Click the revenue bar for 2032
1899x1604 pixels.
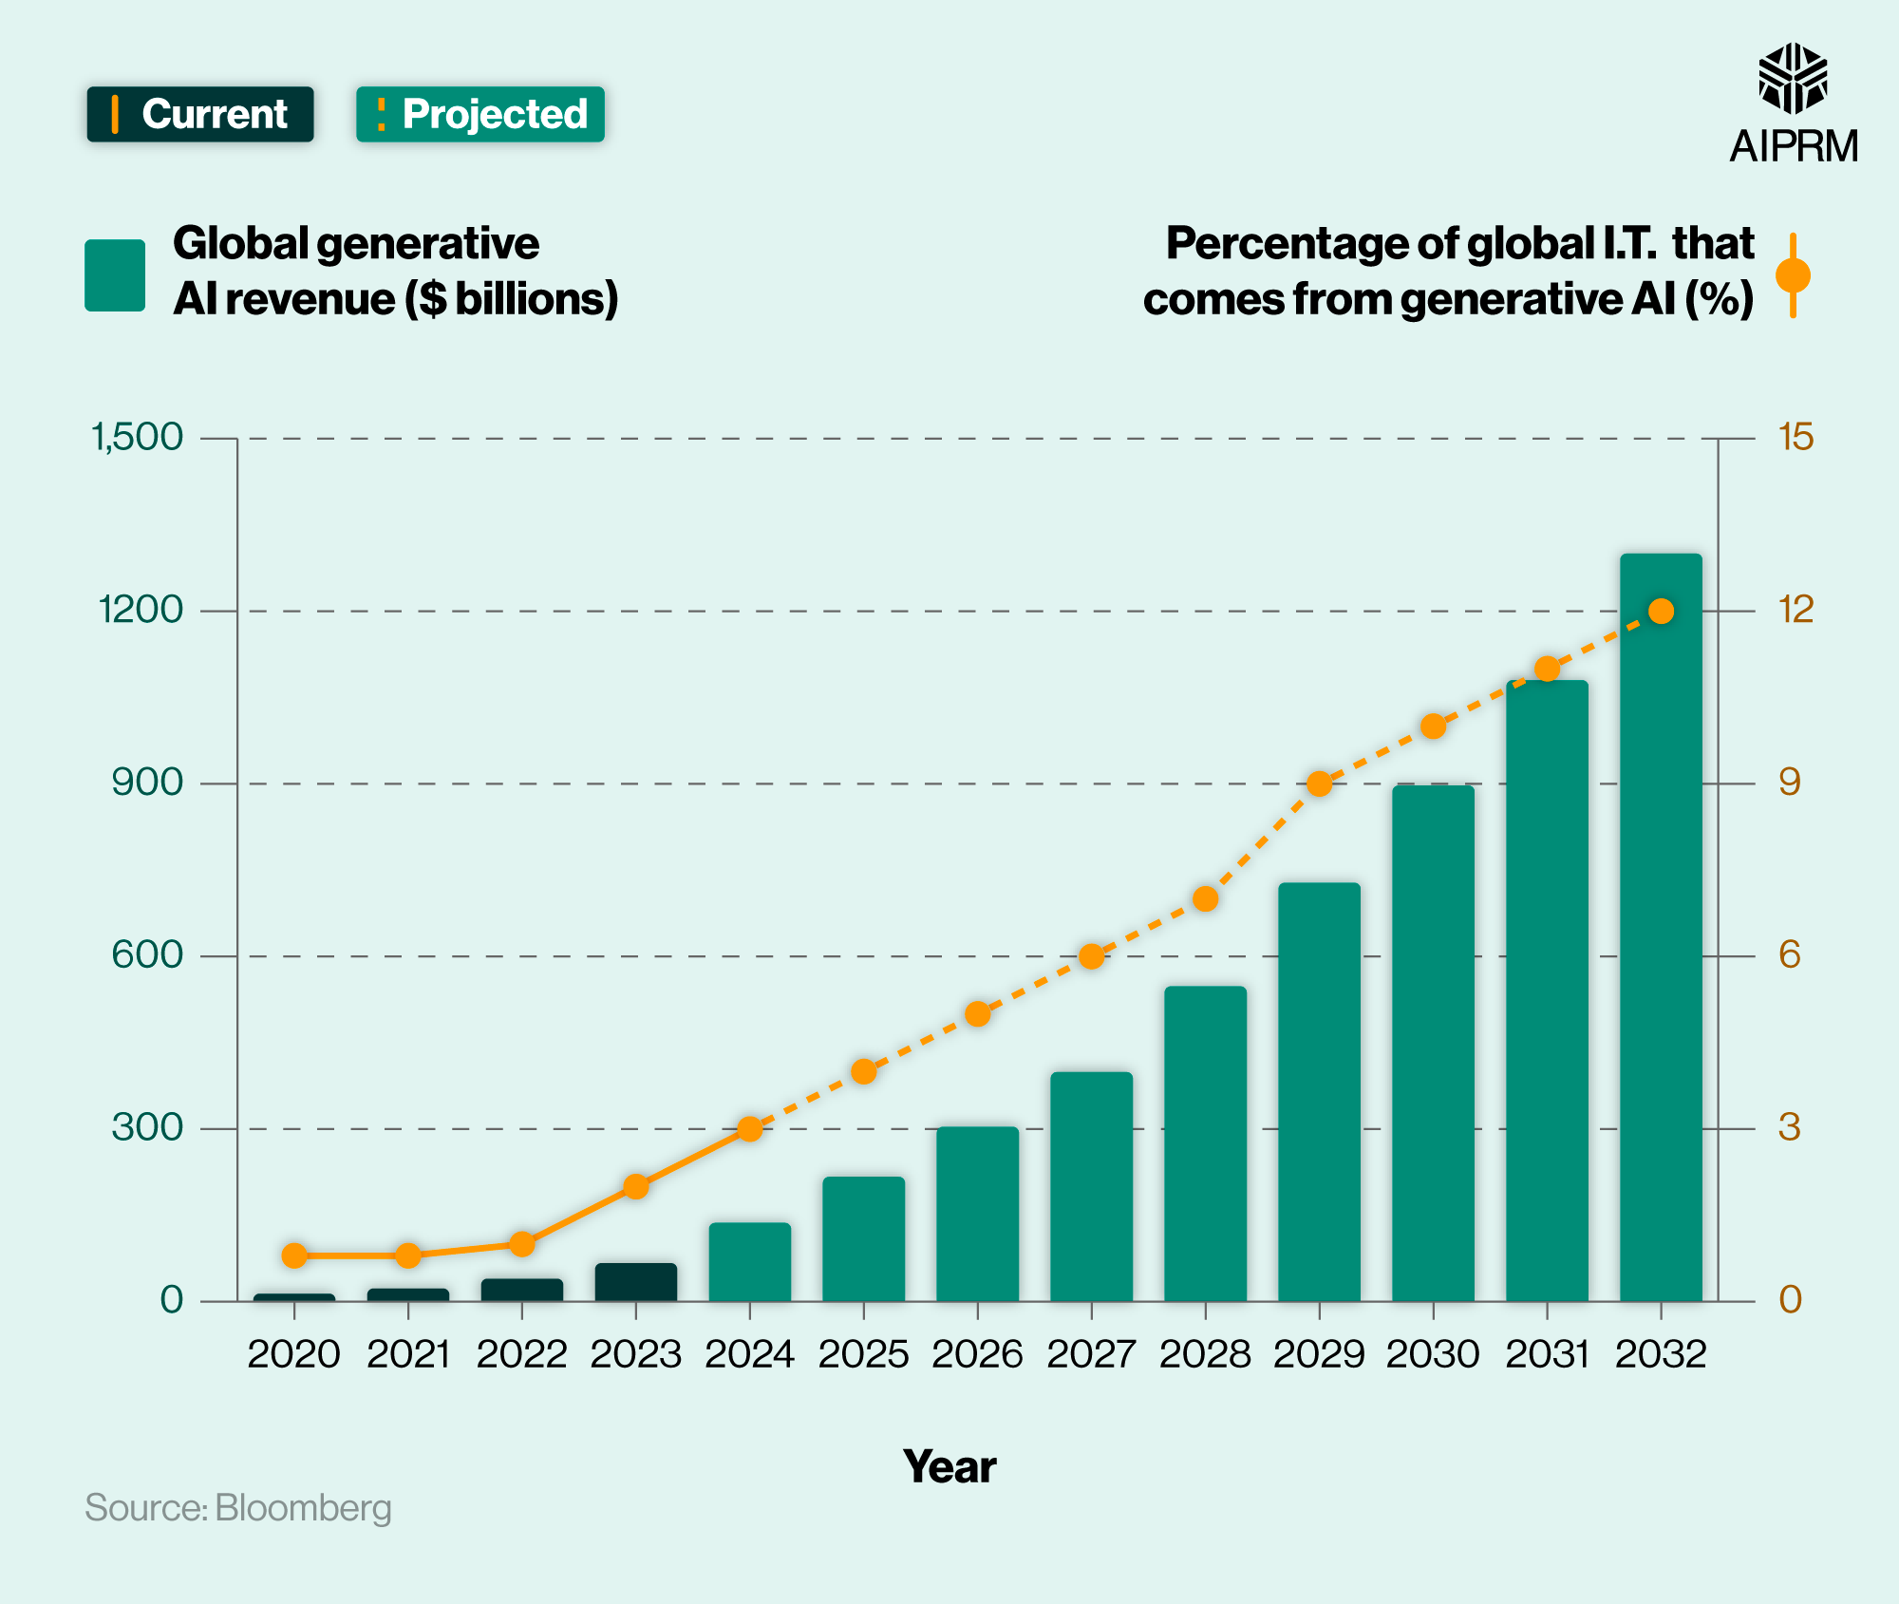[1661, 931]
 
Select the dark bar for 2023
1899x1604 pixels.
[636, 1283]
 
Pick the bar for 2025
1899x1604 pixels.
[863, 1239]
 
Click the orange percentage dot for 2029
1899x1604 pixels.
[1319, 783]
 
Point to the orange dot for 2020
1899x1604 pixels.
[294, 1255]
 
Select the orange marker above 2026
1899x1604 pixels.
[978, 1014]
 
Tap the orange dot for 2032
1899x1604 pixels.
[1661, 612]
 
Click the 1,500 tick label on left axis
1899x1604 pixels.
[136, 438]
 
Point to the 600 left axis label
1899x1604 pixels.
[147, 955]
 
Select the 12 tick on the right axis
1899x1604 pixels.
[1796, 611]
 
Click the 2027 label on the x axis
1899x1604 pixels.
[1091, 1354]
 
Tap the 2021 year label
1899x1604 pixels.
[408, 1354]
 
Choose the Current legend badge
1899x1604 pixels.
[200, 115]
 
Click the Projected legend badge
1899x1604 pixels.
[480, 115]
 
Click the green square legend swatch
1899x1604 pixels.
[115, 275]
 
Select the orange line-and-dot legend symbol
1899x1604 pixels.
[1793, 275]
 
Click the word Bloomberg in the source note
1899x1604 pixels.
[303, 1508]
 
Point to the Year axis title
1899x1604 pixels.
[949, 1467]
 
